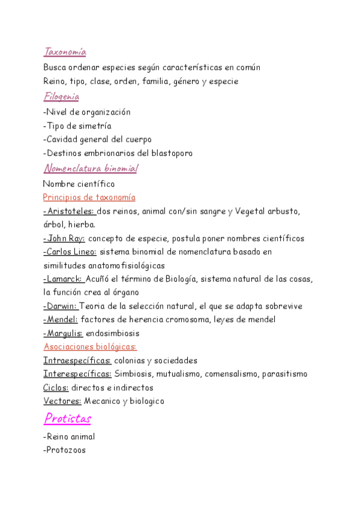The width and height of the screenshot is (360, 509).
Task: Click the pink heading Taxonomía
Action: [x=65, y=53]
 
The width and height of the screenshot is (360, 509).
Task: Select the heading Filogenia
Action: [x=61, y=96]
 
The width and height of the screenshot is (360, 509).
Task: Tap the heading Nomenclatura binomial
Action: [x=91, y=169]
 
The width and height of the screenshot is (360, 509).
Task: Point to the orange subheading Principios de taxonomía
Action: [x=89, y=197]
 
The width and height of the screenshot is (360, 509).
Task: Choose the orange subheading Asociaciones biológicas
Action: [x=90, y=347]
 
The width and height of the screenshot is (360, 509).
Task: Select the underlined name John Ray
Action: [x=64, y=238]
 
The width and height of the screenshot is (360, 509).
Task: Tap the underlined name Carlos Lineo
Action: [x=70, y=252]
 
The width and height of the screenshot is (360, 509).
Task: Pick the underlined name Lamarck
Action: [x=63, y=279]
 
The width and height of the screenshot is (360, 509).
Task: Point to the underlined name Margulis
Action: [x=63, y=333]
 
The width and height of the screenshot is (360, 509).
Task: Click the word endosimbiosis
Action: [x=113, y=333]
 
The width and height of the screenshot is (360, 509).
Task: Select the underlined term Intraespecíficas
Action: [x=77, y=361]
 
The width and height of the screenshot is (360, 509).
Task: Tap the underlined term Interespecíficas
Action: [x=77, y=374]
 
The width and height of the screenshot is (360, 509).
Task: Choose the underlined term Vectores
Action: [x=62, y=401]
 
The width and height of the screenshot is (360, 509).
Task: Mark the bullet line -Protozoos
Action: [x=65, y=450]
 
